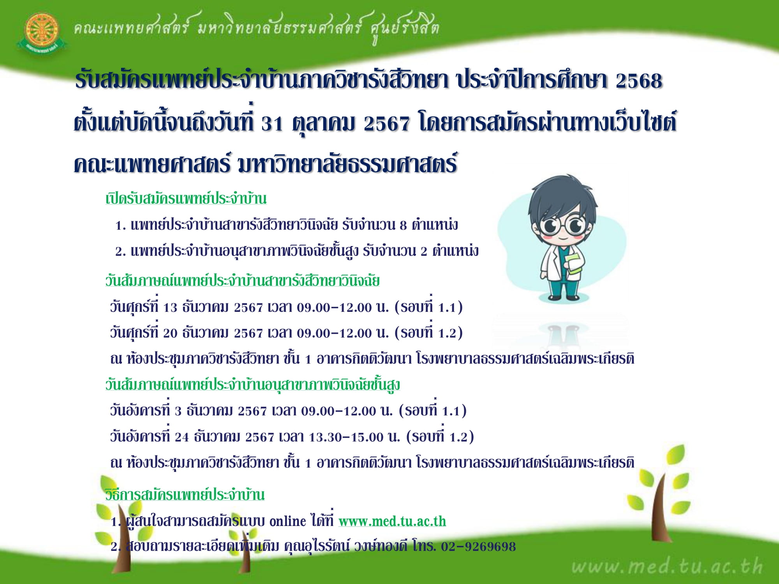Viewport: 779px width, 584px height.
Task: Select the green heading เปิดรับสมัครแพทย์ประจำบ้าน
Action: coord(186,199)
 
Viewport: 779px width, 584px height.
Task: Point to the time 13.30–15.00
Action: coord(346,437)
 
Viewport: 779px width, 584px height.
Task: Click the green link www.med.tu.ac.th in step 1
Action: coord(392,521)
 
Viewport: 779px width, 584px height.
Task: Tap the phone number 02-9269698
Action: coord(478,547)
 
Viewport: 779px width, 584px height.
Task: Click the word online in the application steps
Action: coord(287,521)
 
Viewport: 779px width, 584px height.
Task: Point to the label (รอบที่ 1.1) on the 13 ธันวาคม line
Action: coord(428,307)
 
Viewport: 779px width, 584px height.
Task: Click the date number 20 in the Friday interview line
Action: coord(170,333)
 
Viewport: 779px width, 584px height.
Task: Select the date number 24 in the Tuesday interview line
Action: coord(182,437)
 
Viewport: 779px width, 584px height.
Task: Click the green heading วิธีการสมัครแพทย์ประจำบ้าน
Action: coord(185,495)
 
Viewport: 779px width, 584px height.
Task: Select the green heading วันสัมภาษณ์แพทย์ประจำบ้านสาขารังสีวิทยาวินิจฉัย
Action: coord(242,281)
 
